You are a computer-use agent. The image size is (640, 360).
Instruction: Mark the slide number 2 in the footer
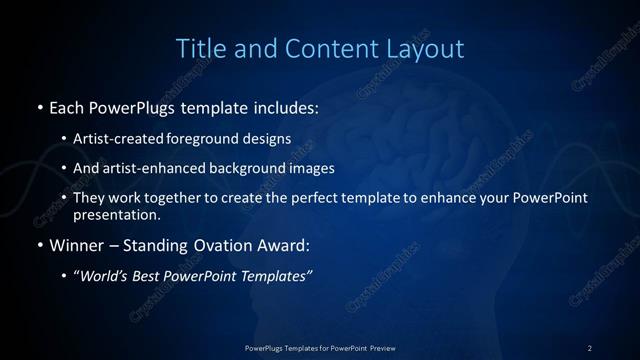590,347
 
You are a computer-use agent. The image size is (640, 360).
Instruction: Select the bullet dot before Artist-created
65,140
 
